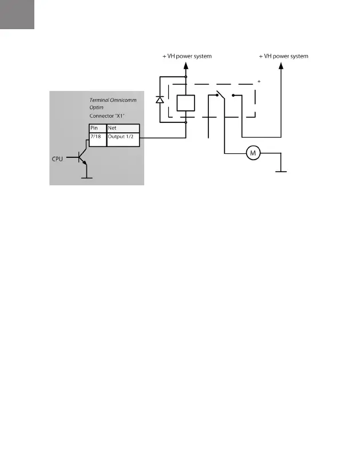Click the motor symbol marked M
click(252, 153)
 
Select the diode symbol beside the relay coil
click(160, 100)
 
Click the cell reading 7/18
click(96, 137)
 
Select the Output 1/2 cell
click(122, 137)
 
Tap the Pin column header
click(95, 128)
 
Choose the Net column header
click(113, 128)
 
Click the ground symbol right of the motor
click(282, 170)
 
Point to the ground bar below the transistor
click(87, 177)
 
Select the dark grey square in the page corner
click(17, 14)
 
